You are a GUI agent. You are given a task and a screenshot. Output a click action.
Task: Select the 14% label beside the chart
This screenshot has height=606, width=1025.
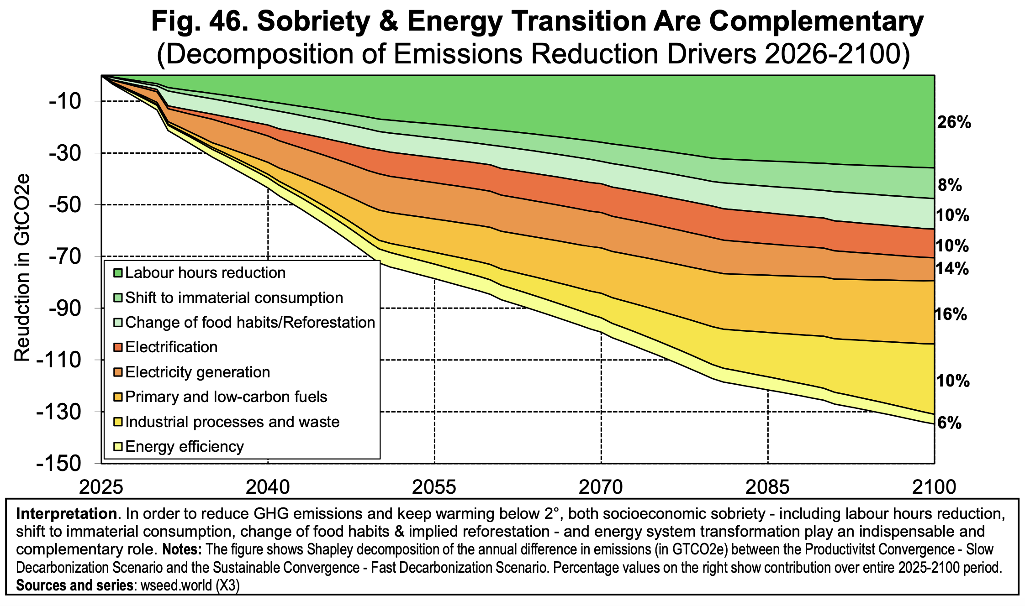952,269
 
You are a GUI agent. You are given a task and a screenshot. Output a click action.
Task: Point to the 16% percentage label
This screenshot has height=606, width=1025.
951,314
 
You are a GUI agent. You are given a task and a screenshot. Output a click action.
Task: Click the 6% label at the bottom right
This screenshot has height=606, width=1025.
949,423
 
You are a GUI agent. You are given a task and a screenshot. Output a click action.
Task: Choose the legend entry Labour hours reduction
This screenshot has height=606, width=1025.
205,273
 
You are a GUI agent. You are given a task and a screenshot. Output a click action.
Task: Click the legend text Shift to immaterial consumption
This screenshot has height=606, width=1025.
234,298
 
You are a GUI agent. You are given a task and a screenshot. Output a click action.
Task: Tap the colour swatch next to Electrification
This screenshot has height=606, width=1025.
118,348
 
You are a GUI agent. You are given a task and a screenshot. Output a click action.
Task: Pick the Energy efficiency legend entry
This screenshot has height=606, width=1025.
185,446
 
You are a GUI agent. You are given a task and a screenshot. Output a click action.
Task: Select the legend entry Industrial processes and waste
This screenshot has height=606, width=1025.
232,422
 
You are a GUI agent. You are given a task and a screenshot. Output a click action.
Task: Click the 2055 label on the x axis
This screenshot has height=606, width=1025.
434,487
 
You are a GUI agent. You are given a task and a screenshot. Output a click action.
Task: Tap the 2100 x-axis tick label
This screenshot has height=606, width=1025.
934,487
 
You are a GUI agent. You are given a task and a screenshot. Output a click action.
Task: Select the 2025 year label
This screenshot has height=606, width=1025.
101,487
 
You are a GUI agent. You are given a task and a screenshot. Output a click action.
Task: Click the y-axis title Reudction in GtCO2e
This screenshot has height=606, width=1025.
22,268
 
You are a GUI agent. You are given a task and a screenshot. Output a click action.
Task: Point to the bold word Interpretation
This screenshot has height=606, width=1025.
66,514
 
